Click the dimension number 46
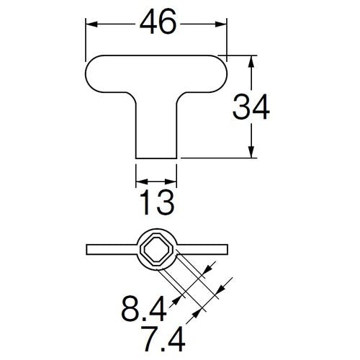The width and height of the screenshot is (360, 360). pyautogui.click(x=158, y=22)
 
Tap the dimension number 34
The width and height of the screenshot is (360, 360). pyautogui.click(x=251, y=107)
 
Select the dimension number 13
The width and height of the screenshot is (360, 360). pyautogui.click(x=157, y=202)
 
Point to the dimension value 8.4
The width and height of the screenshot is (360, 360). pyautogui.click(x=143, y=309)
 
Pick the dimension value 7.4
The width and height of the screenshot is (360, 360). pyautogui.click(x=163, y=338)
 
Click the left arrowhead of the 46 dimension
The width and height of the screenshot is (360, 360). pyautogui.click(x=91, y=24)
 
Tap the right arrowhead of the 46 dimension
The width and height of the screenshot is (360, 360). pyautogui.click(x=221, y=24)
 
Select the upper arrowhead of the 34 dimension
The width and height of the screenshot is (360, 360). pyautogui.click(x=251, y=62)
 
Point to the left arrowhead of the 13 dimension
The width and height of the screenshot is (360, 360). pyautogui.click(x=142, y=181)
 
